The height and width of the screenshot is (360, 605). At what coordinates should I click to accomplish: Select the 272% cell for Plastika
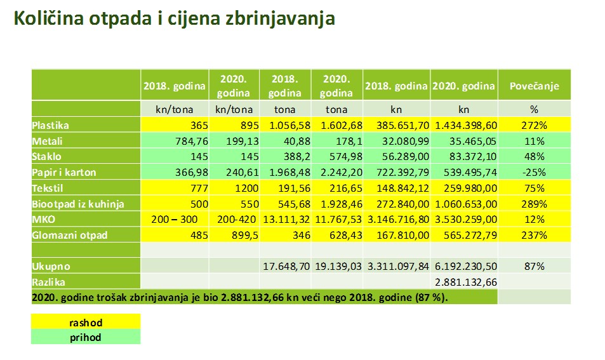tap(534, 126)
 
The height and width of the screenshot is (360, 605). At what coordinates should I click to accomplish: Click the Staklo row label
tap(47, 156)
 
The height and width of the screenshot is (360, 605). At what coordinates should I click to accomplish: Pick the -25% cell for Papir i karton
tap(534, 172)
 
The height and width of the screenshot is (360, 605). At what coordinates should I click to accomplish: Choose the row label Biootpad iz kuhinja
tap(77, 204)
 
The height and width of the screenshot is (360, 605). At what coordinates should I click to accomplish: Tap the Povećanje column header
tap(534, 86)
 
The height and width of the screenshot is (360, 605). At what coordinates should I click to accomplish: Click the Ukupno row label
tap(51, 266)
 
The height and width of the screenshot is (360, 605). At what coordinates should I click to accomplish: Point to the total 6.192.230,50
tap(464, 266)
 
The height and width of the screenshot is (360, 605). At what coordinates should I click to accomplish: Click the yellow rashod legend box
tap(85, 323)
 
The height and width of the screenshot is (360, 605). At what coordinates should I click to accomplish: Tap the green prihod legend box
tap(85, 337)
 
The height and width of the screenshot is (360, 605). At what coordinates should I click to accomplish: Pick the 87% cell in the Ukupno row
tap(534, 266)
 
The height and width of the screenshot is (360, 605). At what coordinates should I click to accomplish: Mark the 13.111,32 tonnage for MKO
tap(285, 219)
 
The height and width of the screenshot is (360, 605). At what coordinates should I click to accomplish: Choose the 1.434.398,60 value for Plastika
tap(464, 126)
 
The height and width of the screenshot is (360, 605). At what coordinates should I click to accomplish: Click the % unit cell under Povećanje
tap(534, 109)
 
